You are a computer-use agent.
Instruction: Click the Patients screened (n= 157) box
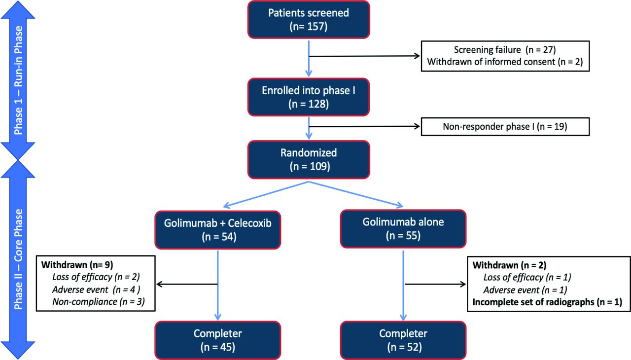[x=309, y=19]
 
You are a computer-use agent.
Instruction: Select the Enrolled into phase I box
[x=309, y=97]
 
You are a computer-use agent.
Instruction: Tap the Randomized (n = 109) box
[x=309, y=160]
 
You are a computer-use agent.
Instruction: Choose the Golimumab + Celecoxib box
[x=218, y=230]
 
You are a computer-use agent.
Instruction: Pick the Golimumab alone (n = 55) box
[x=403, y=229]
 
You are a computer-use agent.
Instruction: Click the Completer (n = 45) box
[x=218, y=340]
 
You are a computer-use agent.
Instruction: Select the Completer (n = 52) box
[x=403, y=340]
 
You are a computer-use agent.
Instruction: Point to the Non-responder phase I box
[x=505, y=126]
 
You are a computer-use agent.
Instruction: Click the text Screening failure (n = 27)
[x=505, y=50]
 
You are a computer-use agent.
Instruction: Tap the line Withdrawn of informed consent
[x=505, y=62]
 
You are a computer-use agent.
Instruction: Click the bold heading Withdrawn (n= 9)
[x=77, y=265]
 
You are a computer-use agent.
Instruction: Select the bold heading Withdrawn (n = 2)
[x=509, y=265]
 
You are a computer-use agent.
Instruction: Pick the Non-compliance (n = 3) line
[x=99, y=302]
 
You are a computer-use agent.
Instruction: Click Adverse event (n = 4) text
[x=96, y=289]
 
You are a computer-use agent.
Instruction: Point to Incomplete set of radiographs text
[x=547, y=302]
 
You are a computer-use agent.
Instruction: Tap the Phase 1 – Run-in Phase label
[x=18, y=80]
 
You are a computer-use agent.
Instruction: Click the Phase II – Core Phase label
[x=18, y=259]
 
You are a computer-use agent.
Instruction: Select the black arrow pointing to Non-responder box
[x=364, y=126]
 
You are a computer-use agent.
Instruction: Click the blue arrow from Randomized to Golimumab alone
[x=356, y=194]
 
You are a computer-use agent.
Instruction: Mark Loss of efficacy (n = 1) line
[x=527, y=277]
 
